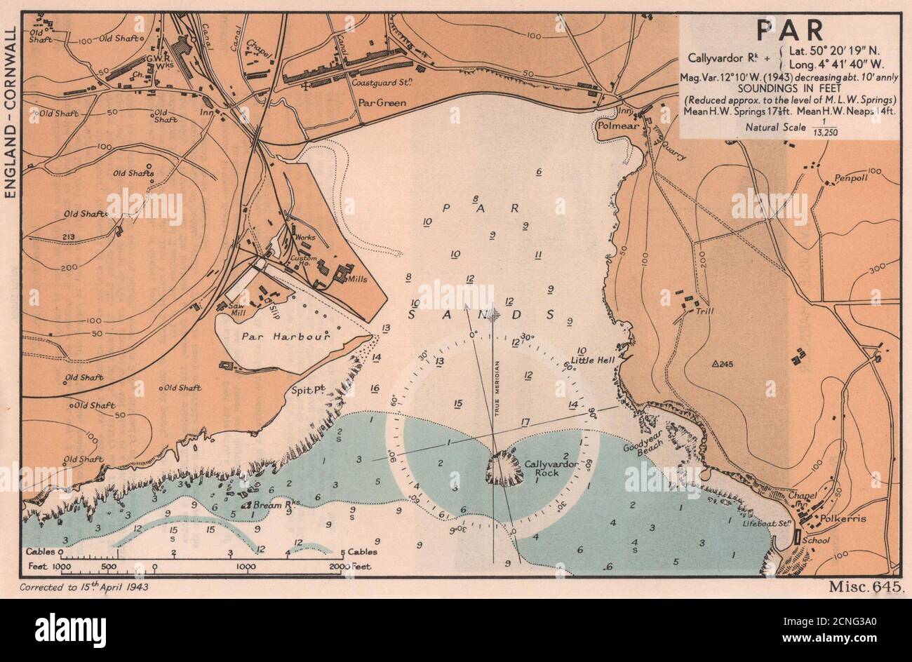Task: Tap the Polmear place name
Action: coord(615,126)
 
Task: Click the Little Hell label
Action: coord(591,360)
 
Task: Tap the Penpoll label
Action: coord(851,179)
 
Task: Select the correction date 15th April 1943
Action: coord(84,586)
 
